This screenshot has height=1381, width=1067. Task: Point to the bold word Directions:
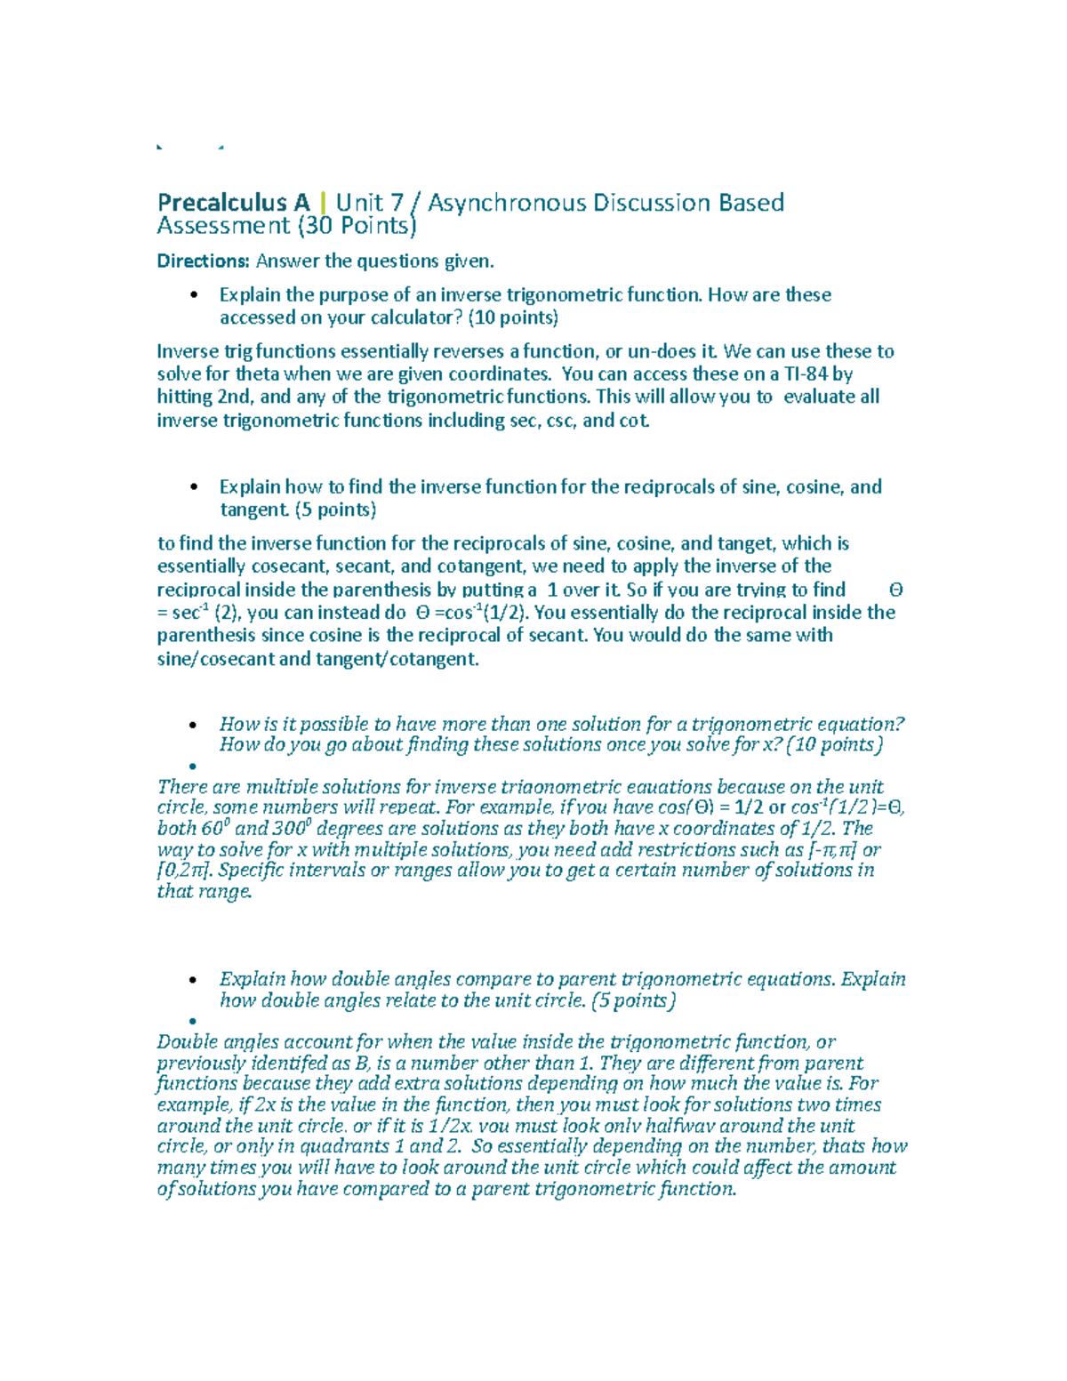coord(203,261)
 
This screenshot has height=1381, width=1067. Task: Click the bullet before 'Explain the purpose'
coord(193,295)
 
